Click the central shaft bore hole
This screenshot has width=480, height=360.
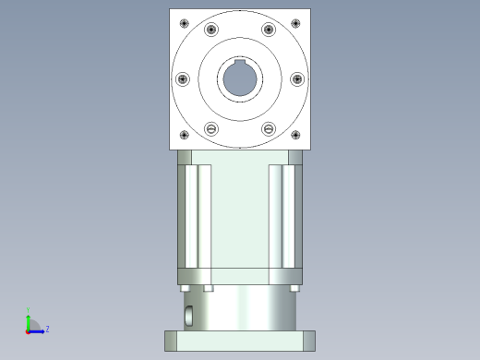(x=240, y=79)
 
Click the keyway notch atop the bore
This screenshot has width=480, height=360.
(x=240, y=64)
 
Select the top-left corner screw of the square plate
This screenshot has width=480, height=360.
(x=184, y=22)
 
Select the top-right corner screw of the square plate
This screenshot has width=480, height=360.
(x=296, y=22)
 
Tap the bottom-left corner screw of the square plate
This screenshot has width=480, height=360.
(x=184, y=136)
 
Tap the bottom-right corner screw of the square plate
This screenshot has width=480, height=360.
(x=296, y=136)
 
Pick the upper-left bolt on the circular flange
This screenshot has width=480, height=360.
(x=211, y=30)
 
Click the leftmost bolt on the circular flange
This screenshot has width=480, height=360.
(x=182, y=79)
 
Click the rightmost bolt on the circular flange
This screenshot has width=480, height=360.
(x=297, y=79)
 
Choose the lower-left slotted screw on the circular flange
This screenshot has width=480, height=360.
(x=211, y=128)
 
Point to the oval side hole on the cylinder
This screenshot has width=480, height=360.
(x=188, y=316)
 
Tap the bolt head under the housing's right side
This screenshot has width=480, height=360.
(x=294, y=288)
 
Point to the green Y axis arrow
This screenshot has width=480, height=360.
(x=28, y=318)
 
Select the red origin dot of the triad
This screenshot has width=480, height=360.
(x=27, y=330)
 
